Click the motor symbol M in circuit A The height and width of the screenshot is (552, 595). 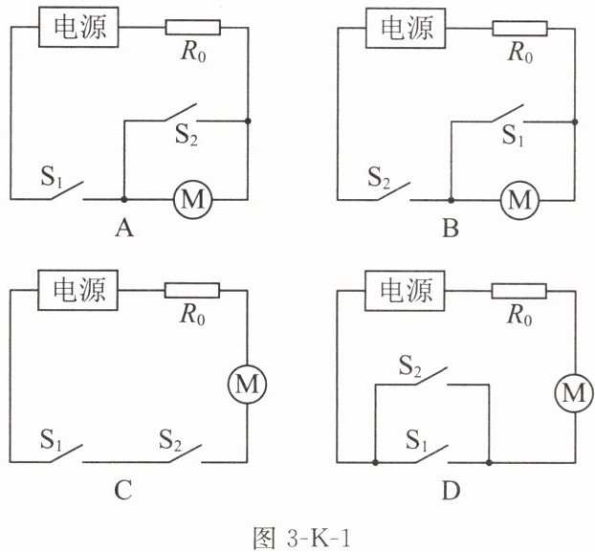pyautogui.click(x=193, y=199)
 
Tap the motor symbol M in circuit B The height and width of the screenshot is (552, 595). pyautogui.click(x=519, y=200)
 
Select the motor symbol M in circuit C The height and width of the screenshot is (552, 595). pyautogui.click(x=247, y=385)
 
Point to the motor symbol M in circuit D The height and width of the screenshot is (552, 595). pyautogui.click(x=574, y=392)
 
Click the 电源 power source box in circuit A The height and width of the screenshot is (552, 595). pyautogui.click(x=78, y=27)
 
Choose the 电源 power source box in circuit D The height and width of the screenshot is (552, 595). pyautogui.click(x=405, y=291)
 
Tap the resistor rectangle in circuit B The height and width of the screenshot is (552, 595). pyautogui.click(x=519, y=29)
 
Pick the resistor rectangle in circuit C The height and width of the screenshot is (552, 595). pyautogui.click(x=192, y=290)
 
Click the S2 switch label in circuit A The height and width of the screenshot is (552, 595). pyautogui.click(x=186, y=134)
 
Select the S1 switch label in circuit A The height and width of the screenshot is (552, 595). pyautogui.click(x=52, y=177)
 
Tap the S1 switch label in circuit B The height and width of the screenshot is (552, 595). pyautogui.click(x=513, y=135)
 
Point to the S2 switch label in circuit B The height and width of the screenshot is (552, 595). pyautogui.click(x=379, y=178)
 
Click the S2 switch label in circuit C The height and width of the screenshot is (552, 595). pyautogui.click(x=170, y=440)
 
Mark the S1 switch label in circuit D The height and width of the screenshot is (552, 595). pyautogui.click(x=416, y=440)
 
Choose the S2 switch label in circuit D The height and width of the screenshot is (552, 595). pyautogui.click(x=409, y=366)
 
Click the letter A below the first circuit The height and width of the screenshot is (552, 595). pyautogui.click(x=124, y=229)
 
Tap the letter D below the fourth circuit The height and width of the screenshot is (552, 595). pyautogui.click(x=452, y=491)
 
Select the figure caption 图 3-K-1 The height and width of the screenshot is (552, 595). pyautogui.click(x=302, y=537)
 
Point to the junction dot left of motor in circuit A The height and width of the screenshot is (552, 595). pyautogui.click(x=123, y=199)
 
